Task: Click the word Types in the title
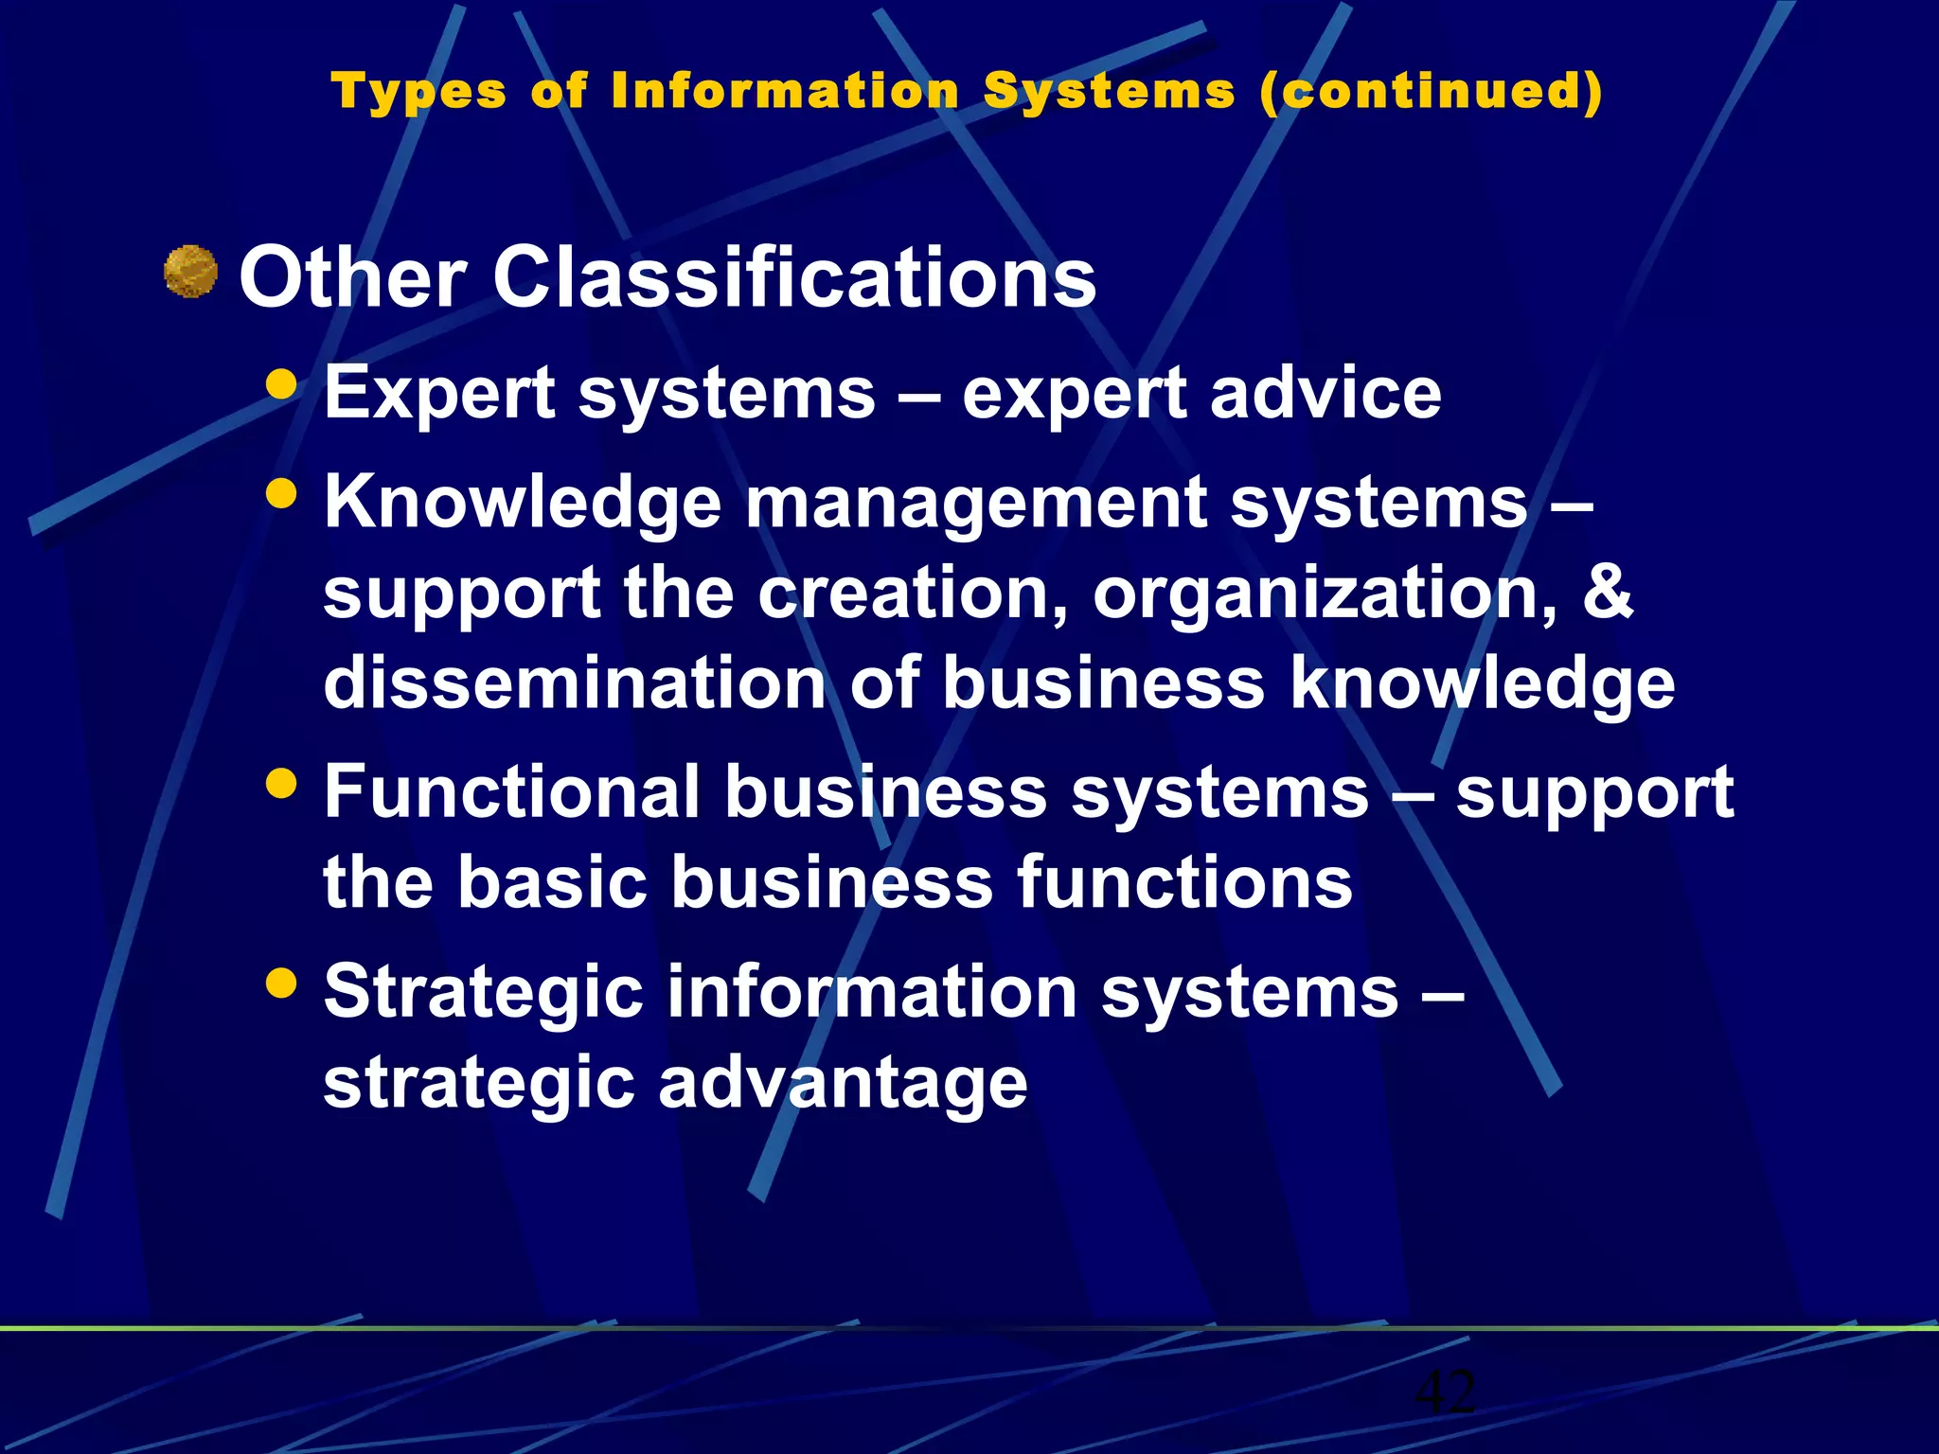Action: click(418, 93)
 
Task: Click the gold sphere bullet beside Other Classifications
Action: click(191, 272)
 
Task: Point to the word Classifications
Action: click(794, 277)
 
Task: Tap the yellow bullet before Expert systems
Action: click(282, 384)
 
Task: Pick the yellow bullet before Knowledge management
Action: click(282, 493)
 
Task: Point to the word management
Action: click(975, 503)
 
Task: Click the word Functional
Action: click(512, 791)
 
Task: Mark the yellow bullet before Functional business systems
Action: click(282, 783)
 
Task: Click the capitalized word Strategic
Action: click(484, 992)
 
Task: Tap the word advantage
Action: click(842, 1083)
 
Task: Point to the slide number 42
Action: click(1445, 1392)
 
